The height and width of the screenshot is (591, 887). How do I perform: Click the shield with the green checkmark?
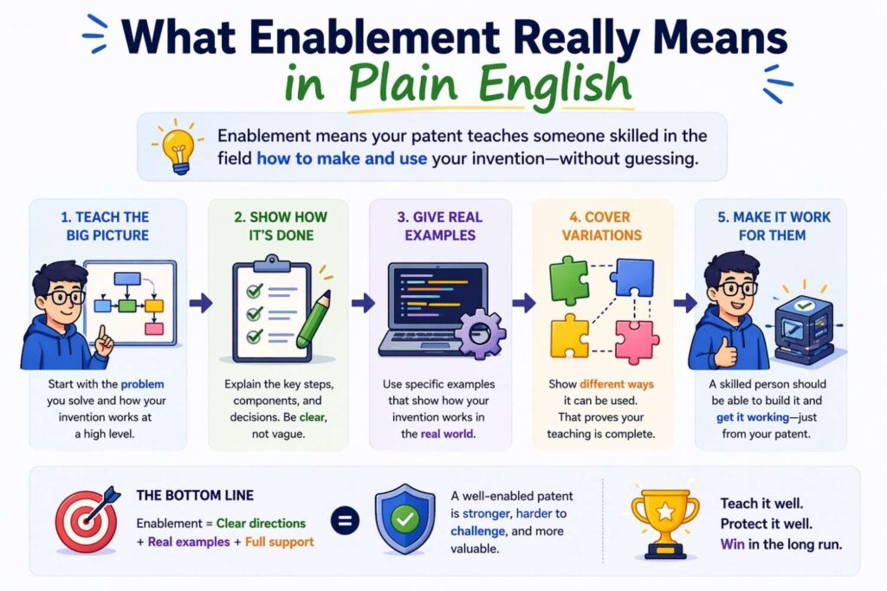(x=404, y=520)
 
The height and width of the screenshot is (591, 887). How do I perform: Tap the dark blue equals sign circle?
(x=346, y=522)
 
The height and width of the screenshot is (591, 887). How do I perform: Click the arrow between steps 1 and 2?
(x=201, y=303)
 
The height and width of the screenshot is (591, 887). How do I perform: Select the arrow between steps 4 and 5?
(x=685, y=303)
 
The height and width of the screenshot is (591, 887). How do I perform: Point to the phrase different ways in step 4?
(x=617, y=383)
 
